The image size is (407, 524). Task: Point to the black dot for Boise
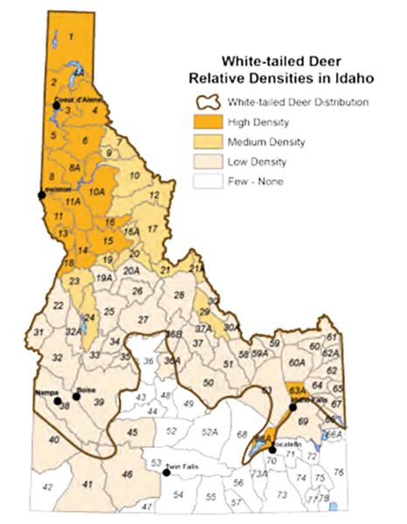tap(76, 396)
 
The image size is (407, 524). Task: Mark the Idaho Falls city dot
tap(293, 407)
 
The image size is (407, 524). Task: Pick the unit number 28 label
tap(178, 296)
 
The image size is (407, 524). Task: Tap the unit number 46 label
tap(128, 473)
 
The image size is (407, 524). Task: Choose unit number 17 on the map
tap(152, 229)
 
